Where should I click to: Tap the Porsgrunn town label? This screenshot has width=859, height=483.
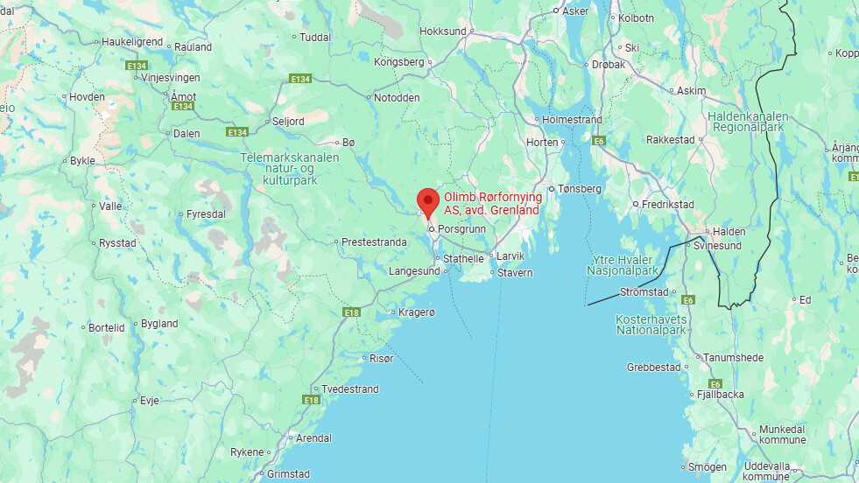pos(461,228)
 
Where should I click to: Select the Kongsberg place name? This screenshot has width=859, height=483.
pos(398,62)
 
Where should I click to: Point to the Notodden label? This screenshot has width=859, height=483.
pos(397,97)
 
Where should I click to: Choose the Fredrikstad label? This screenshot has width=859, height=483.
pos(667,205)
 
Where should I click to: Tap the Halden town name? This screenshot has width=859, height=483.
pos(729,232)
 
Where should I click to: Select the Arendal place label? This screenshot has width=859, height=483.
pos(314,437)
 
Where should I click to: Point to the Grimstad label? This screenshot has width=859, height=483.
pos(288,473)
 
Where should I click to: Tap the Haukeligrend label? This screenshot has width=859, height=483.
pos(132,41)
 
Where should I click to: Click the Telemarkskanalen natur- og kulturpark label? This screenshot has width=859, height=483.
pos(289,168)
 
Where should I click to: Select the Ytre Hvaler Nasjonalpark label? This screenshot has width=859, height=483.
pos(623,265)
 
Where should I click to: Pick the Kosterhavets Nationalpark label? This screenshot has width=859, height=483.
pos(651,325)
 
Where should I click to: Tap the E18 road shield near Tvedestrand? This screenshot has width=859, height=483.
pos(311,400)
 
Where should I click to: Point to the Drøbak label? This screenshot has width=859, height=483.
pos(609,65)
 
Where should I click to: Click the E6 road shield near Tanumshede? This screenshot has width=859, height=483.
pos(715,384)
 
